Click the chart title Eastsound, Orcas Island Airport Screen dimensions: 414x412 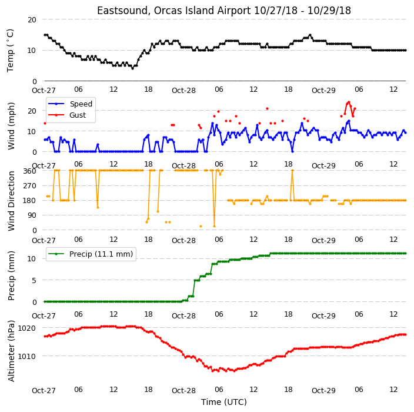173,11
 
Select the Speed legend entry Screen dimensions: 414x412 70,104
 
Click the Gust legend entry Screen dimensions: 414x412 67,115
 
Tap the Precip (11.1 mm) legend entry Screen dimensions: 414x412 91,254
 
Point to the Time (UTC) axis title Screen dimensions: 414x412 224,402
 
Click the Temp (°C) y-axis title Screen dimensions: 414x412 10,51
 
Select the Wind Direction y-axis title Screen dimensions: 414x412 11,201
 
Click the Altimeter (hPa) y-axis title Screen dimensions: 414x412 11,351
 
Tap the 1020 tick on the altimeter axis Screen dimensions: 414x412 26,328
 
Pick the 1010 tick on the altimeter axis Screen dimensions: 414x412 26,356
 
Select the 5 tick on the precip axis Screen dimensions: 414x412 34,280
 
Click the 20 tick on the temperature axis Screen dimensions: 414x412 32,20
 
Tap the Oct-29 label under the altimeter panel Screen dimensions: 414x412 323,391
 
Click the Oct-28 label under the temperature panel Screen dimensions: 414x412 183,91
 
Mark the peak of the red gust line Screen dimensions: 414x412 349,102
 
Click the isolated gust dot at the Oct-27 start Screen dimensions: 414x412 45,124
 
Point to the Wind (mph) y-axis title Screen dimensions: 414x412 11,126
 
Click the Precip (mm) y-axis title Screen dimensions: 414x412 11,275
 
